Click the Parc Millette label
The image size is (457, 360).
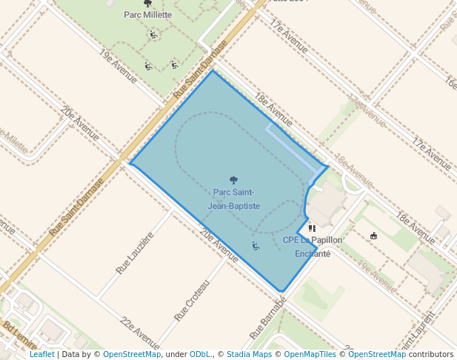click(147, 14)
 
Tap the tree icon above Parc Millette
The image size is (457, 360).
click(147, 3)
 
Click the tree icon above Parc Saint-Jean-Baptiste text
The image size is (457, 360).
click(234, 180)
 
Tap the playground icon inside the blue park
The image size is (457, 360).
click(256, 245)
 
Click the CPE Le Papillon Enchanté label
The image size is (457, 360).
click(313, 247)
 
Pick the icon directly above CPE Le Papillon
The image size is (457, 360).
click(312, 229)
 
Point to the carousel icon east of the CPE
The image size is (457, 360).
click(373, 236)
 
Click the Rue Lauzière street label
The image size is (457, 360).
click(135, 253)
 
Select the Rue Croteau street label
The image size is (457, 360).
click(193, 300)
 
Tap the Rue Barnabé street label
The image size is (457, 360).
click(273, 314)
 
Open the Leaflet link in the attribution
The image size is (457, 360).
click(42, 354)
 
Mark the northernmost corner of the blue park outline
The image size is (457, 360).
click(213, 71)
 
